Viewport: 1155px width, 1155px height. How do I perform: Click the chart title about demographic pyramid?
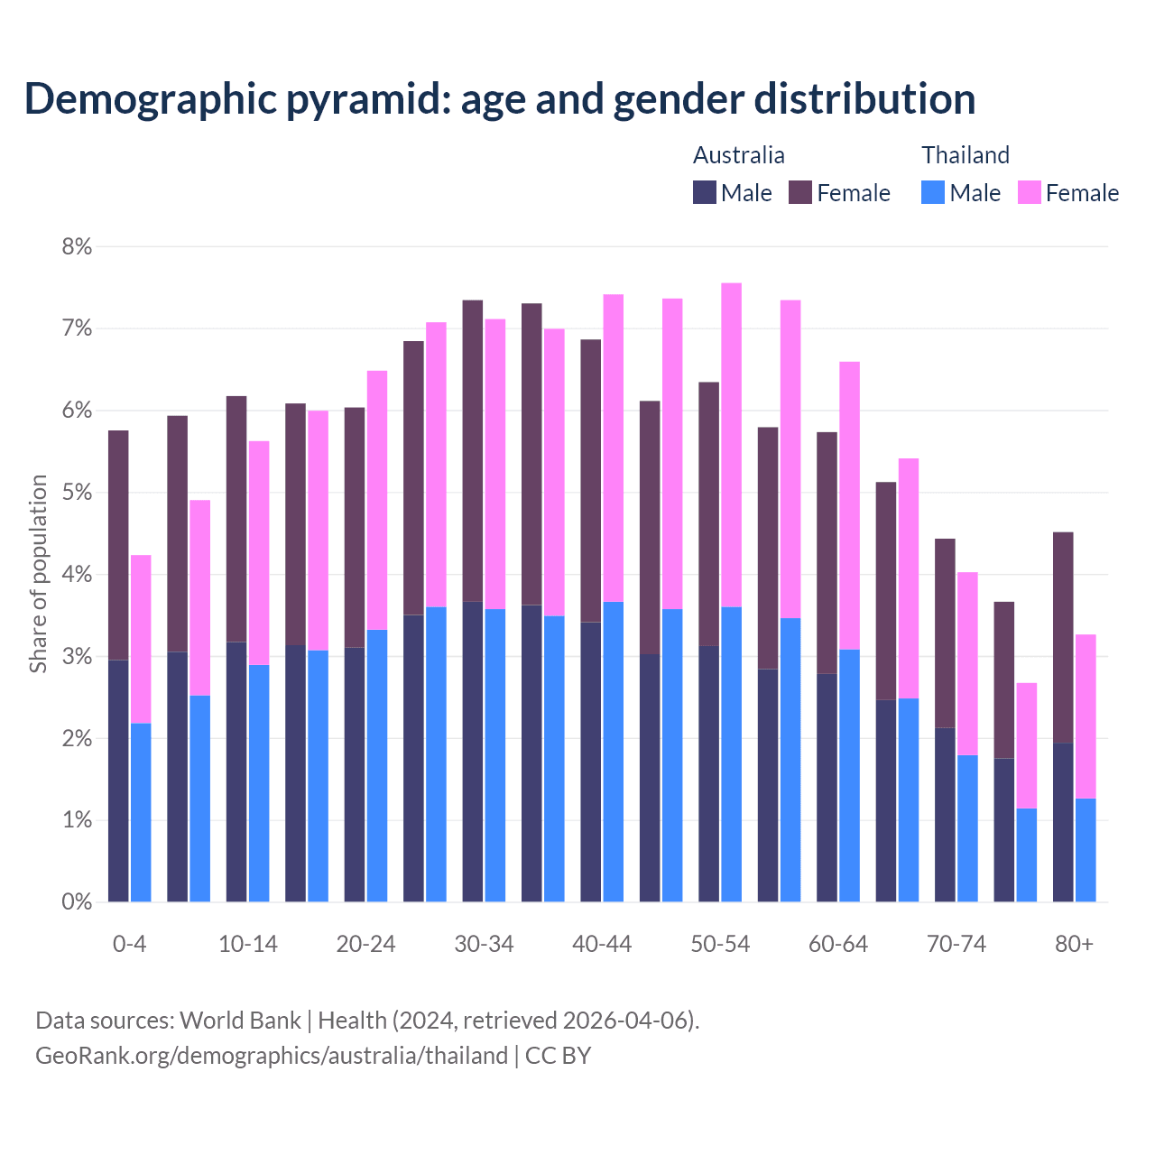pyautogui.click(x=499, y=98)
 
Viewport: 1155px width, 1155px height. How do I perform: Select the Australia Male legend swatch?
pyautogui.click(x=704, y=192)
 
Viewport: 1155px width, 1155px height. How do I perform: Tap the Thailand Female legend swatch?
pyautogui.click(x=1029, y=192)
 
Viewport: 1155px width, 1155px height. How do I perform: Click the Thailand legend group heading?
pyautogui.click(x=965, y=155)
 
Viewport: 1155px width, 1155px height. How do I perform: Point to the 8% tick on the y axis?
pyautogui.click(x=77, y=246)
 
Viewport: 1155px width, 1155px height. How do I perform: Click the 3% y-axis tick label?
pyautogui.click(x=77, y=657)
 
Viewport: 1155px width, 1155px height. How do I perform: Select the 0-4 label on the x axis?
pyautogui.click(x=129, y=944)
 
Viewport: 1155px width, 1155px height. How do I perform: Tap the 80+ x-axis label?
pyautogui.click(x=1074, y=944)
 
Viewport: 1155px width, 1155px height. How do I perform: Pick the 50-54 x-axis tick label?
pyautogui.click(x=720, y=944)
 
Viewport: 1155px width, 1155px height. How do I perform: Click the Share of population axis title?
pyautogui.click(x=38, y=574)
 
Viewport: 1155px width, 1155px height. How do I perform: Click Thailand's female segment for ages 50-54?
pyautogui.click(x=731, y=445)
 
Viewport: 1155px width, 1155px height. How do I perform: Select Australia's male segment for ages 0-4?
pyautogui.click(x=118, y=781)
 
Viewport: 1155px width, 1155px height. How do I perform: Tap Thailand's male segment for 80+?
pyautogui.click(x=1086, y=850)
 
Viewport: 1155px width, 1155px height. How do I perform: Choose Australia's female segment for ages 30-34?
pyautogui.click(x=473, y=450)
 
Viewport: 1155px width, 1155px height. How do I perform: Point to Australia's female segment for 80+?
pyautogui.click(x=1063, y=637)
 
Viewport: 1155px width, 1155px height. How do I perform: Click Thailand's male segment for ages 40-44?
pyautogui.click(x=614, y=752)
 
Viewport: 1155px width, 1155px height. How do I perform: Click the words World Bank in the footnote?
pyautogui.click(x=240, y=1021)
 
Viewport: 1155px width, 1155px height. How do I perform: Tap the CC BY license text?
pyautogui.click(x=558, y=1056)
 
